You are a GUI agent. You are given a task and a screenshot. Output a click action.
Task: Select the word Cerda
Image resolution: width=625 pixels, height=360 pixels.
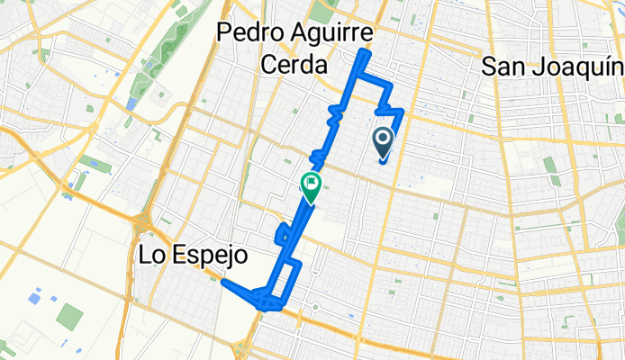click(292, 63)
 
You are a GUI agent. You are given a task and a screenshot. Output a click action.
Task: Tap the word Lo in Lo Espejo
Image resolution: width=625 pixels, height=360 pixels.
click(152, 256)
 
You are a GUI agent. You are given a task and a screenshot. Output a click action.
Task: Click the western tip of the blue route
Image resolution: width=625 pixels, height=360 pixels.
click(222, 282)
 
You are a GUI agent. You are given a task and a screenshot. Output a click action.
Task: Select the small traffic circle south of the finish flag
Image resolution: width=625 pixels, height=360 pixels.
click(315, 308)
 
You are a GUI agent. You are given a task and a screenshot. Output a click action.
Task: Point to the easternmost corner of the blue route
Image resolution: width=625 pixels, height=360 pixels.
click(403, 111)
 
